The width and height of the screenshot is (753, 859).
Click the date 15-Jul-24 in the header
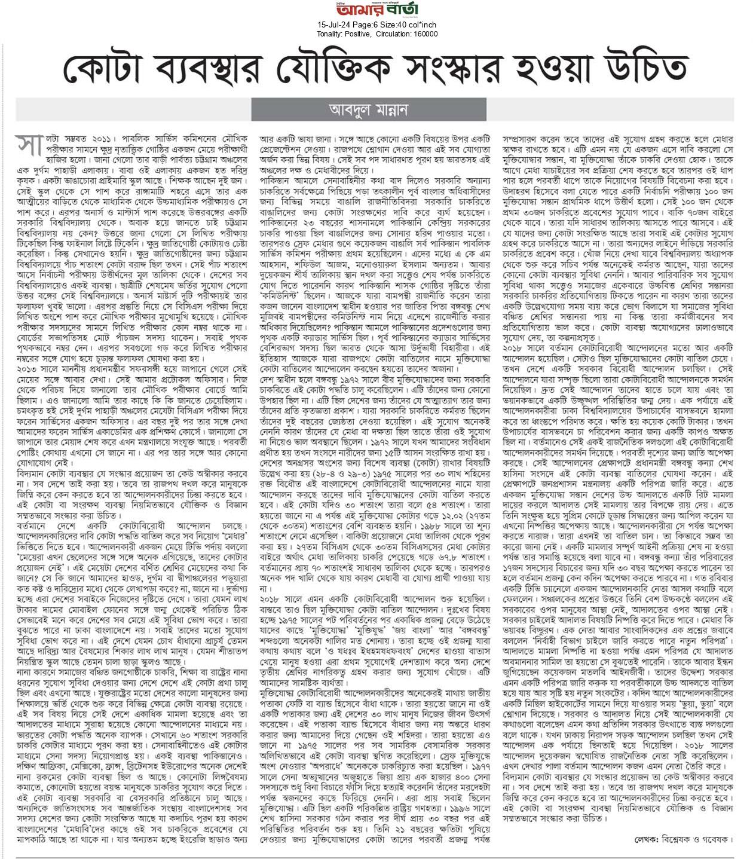333,25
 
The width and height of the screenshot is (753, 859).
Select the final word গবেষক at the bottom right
717,839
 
